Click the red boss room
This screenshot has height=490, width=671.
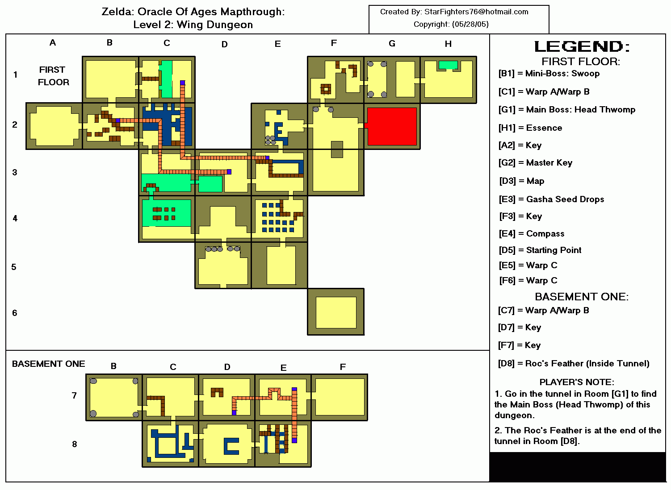click(392, 126)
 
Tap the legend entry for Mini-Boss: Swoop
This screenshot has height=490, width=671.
click(549, 74)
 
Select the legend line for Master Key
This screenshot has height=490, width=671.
click(535, 163)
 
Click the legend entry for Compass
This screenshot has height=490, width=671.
click(532, 233)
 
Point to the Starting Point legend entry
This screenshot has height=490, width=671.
click(540, 250)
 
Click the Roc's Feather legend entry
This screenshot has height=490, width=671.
click(574, 363)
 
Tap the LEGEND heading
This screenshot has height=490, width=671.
click(582, 46)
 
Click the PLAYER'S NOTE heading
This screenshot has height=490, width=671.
click(577, 382)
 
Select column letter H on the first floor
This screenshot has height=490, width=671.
click(448, 44)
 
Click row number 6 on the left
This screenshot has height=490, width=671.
click(14, 313)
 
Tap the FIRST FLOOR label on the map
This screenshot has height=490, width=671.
click(53, 76)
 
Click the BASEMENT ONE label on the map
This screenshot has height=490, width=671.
click(49, 364)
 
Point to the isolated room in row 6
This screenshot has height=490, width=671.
click(336, 312)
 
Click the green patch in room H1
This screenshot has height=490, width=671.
click(448, 65)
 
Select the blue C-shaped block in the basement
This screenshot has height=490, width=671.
click(231, 446)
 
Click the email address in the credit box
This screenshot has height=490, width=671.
click(476, 12)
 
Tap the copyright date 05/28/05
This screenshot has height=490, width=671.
click(470, 24)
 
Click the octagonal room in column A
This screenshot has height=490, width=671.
click(54, 126)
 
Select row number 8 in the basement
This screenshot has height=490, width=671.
click(74, 444)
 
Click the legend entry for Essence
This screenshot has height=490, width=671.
click(530, 128)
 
